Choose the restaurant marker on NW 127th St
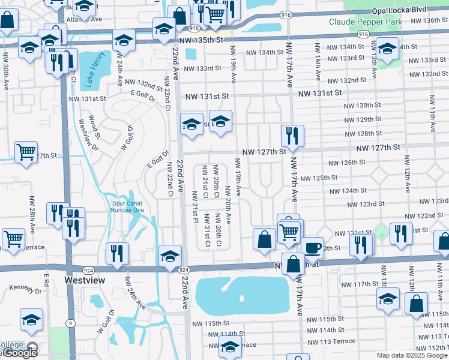click(292, 136)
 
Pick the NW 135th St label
click(205, 39)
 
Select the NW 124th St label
click(348, 190)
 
